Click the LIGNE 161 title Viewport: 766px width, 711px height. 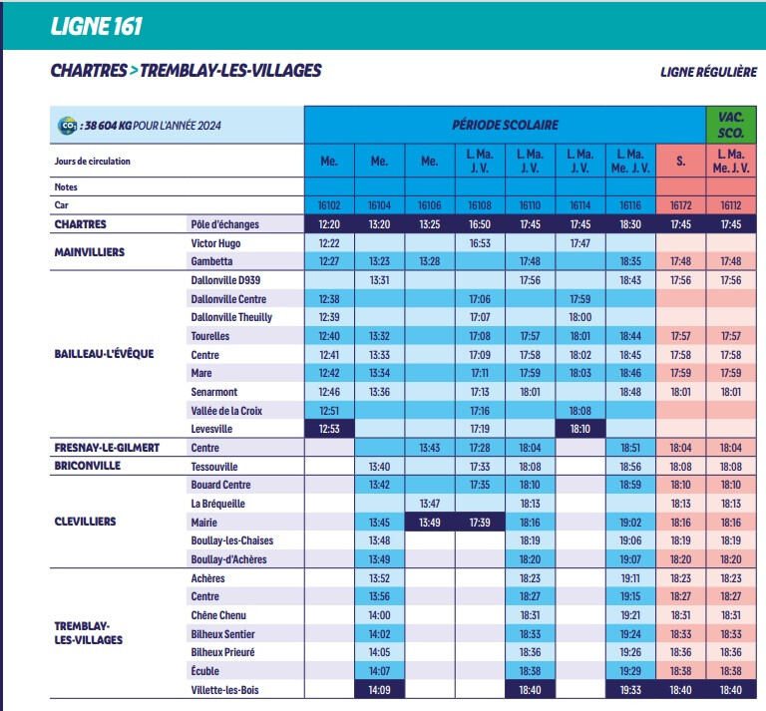pos(98,25)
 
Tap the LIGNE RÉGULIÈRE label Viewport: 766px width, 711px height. pos(708,72)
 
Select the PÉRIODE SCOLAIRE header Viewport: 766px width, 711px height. pos(505,126)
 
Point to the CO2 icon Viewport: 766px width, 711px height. pos(68,126)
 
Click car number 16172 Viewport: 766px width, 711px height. pos(681,205)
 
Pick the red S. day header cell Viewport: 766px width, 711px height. pos(681,161)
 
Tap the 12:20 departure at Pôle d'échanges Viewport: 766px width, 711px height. pos(329,224)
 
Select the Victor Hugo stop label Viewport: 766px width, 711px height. pos(215,243)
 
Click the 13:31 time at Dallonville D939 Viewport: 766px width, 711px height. pos(379,280)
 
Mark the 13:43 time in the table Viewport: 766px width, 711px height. pos(430,448)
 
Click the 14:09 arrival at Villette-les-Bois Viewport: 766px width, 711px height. pos(379,690)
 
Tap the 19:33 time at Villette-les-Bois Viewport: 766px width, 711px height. pos(630,690)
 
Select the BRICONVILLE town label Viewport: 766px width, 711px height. pos(88,466)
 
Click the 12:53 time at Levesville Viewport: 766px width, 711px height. pos(329,429)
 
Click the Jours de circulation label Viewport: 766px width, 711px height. pos(93,161)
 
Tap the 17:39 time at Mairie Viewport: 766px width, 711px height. pos(480,522)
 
